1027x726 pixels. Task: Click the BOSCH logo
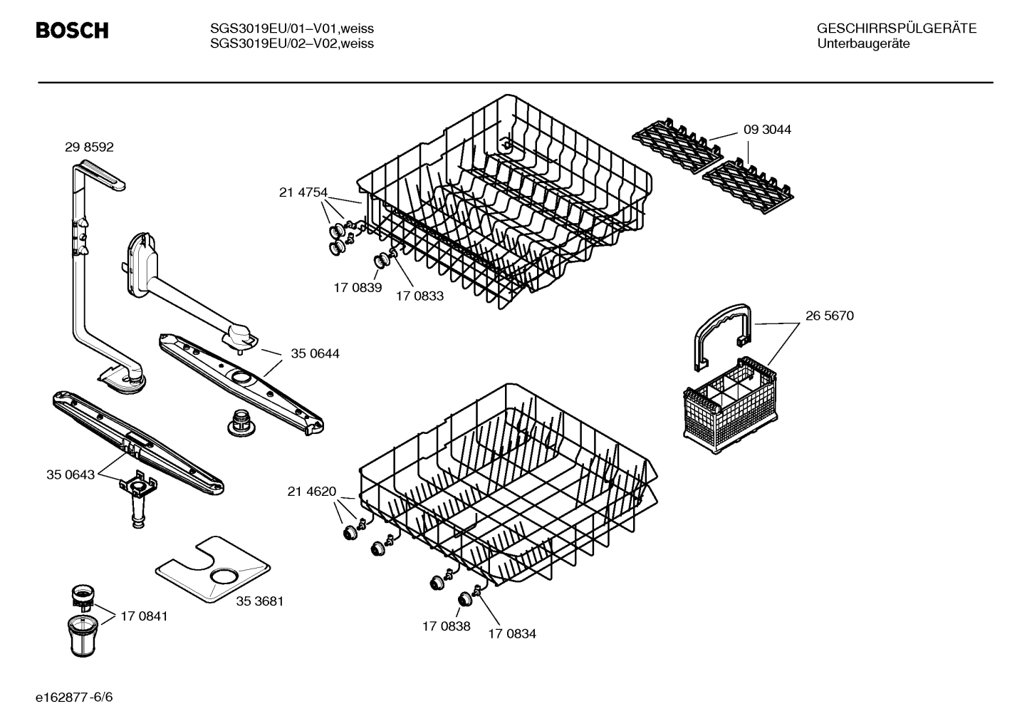(x=72, y=31)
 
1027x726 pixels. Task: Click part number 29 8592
(x=89, y=147)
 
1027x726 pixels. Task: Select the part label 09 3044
(x=767, y=130)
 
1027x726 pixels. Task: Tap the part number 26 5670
(x=829, y=316)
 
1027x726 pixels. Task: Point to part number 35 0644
(x=315, y=353)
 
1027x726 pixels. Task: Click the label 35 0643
(x=71, y=475)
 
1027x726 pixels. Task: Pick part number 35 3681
(x=260, y=601)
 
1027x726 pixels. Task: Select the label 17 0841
(x=144, y=616)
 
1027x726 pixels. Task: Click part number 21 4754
(x=303, y=192)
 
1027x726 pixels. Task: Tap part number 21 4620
(x=312, y=491)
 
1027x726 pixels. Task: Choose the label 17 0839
(x=358, y=288)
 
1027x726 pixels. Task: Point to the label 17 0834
(x=512, y=633)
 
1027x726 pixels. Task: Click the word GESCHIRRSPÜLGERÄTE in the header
(x=896, y=28)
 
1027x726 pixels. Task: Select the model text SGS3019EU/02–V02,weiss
(x=292, y=43)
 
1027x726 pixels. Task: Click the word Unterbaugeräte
(x=862, y=43)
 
